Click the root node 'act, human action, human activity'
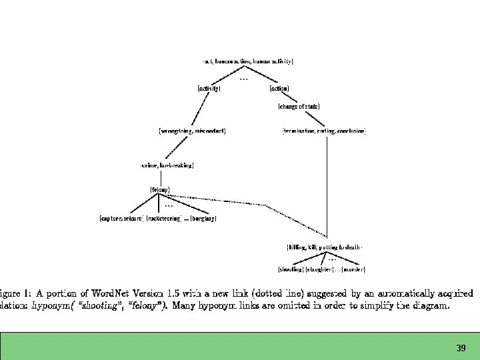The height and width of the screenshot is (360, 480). pos(248,61)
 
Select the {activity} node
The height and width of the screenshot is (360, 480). pos(209,88)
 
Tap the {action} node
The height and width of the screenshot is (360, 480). pos(279,88)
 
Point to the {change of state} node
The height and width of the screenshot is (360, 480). pos(299,106)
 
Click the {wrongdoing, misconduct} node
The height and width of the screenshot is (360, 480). pos(192,131)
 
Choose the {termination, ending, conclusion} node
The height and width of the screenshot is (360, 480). pos(324,131)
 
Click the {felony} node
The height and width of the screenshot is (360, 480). pos(159,190)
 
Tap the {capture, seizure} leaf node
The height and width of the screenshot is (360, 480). pos(121,218)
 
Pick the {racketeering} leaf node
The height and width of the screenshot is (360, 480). pos(164,218)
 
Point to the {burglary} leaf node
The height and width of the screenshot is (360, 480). pos(204,218)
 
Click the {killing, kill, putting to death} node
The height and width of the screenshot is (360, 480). pos(324,247)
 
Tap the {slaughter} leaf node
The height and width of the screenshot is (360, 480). pos(318,269)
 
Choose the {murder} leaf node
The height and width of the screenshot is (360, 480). pos(353,269)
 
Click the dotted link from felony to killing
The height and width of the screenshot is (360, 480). pos(267,205)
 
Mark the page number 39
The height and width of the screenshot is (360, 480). pos(461,348)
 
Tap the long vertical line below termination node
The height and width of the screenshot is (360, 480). pos(326,187)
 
